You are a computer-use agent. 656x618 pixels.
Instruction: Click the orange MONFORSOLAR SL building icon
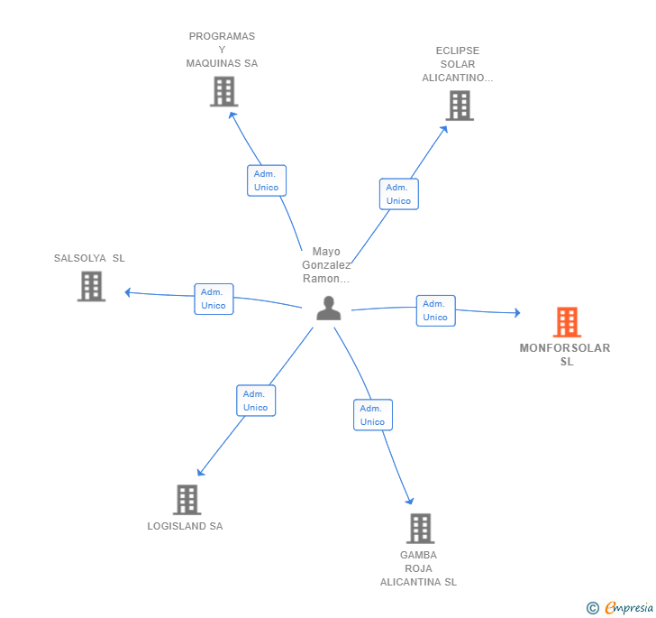coord(566,322)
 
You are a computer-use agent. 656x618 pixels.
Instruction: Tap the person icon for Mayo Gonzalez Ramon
coord(329,309)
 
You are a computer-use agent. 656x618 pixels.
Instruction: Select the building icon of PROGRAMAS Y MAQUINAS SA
coord(223,91)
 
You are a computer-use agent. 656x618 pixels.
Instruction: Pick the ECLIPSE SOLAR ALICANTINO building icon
coord(460,106)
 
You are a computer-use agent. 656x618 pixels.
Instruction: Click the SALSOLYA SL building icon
coord(91,286)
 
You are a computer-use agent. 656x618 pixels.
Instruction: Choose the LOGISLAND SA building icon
coord(187,499)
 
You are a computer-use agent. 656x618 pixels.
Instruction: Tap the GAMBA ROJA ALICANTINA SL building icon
coord(420,528)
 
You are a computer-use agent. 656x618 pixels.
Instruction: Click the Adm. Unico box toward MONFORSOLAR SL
coord(435,310)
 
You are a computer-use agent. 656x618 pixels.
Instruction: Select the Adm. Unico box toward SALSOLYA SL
coord(214,299)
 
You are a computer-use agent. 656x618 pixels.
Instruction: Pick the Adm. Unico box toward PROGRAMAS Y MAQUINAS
coord(267,180)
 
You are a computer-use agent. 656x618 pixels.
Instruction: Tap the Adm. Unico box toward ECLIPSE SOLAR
coord(398,194)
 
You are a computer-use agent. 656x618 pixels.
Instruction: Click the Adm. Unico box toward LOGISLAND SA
coord(256,401)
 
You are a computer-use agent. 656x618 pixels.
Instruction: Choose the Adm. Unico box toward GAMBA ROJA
coord(372,415)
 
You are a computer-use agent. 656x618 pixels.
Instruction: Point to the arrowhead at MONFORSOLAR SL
coord(516,313)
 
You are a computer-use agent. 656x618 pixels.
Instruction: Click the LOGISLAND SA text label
coord(185,526)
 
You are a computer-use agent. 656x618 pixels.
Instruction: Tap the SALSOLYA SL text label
coord(89,258)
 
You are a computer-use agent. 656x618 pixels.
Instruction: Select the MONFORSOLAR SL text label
coord(565,355)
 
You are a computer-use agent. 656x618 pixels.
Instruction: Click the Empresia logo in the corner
coord(628,607)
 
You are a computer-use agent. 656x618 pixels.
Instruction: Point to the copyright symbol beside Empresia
coord(593,608)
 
